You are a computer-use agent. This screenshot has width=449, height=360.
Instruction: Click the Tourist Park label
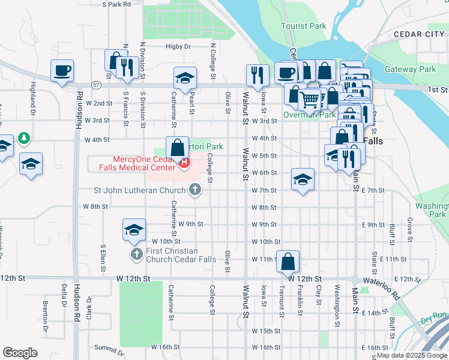[304, 26]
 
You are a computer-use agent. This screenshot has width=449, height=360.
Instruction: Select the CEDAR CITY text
[418, 34]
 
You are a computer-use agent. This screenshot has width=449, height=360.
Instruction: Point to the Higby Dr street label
[178, 46]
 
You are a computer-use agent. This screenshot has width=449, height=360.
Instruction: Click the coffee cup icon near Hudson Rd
[62, 71]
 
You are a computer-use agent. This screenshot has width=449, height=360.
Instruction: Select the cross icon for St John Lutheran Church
[194, 190]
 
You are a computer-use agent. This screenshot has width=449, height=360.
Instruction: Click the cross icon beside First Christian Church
[136, 254]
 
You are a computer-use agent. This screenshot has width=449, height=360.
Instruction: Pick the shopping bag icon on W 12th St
[288, 261]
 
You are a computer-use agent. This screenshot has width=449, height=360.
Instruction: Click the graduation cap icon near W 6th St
[303, 179]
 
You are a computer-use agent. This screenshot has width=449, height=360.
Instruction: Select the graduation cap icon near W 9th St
[134, 229]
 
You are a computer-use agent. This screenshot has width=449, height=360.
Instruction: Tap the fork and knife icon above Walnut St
[257, 76]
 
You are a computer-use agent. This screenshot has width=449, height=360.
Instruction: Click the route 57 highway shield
[95, 85]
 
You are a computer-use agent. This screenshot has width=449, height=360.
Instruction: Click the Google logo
[20, 352]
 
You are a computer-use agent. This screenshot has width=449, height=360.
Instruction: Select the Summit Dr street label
[108, 348]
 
